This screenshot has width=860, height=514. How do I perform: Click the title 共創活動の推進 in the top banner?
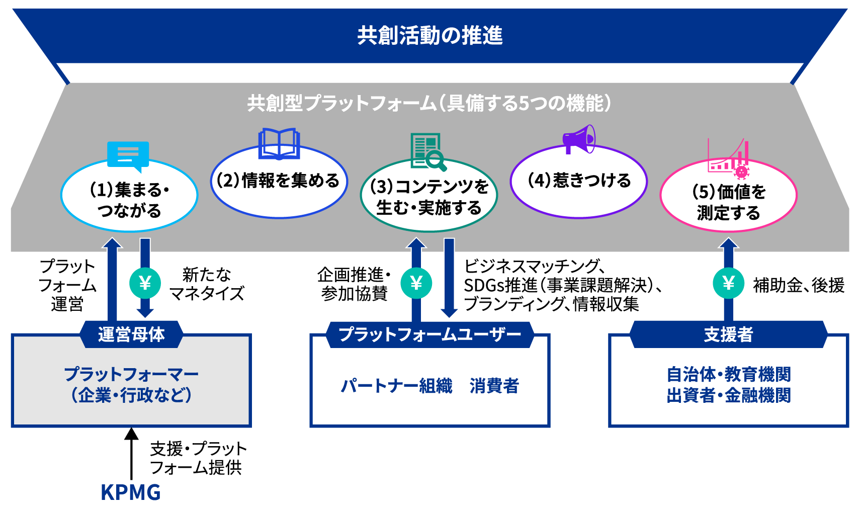point(429,36)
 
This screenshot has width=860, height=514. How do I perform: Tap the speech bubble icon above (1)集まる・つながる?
point(128,155)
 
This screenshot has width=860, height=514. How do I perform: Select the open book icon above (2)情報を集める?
point(279,143)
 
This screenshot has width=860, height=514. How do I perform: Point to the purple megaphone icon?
point(579,139)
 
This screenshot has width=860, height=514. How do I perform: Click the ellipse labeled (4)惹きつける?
point(579,181)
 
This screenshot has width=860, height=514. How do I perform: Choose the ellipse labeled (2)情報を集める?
point(279,182)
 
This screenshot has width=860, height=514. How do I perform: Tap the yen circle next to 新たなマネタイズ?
point(145,284)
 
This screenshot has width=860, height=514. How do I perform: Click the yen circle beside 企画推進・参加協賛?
point(416,284)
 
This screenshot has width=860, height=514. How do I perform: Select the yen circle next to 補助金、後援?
point(728,284)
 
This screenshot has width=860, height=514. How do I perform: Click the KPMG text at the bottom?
point(131,493)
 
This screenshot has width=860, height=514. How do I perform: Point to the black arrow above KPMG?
point(131,453)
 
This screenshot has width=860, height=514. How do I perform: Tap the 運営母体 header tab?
point(131,334)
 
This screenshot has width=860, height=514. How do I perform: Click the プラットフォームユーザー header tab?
point(429,334)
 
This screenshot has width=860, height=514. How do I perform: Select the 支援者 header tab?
point(728,334)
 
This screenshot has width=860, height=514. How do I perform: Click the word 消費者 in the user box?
point(494,386)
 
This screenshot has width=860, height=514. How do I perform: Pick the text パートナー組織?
point(396,386)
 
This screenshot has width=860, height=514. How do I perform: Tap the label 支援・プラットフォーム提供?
point(198,458)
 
